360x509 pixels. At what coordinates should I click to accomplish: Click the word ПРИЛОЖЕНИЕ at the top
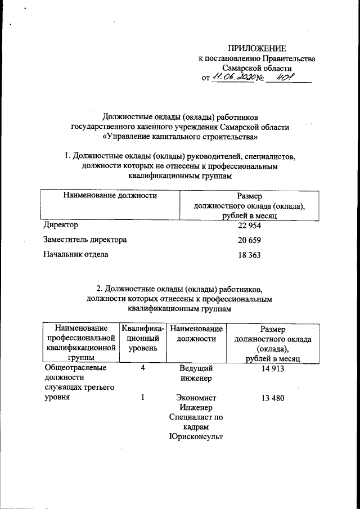coord(256,48)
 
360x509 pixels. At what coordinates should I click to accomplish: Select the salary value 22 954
coord(249,226)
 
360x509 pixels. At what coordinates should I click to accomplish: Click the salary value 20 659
coord(249,240)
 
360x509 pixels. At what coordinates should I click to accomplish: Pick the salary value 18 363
coord(249,255)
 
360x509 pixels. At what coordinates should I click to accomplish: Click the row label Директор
coord(61,225)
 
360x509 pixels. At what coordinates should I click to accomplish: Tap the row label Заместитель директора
coord(85,240)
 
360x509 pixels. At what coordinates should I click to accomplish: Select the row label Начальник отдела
coord(76,254)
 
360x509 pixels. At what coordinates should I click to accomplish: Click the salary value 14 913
coord(272,368)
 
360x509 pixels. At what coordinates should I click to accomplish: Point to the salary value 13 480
coord(272,398)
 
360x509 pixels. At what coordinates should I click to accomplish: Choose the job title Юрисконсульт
coord(196,437)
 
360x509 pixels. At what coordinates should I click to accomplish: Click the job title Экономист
coord(196,398)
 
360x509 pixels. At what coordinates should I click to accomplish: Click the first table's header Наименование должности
coord(110,196)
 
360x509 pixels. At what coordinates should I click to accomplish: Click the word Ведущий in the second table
coord(196,368)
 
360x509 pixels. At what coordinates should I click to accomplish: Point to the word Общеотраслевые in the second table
coord(75,368)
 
